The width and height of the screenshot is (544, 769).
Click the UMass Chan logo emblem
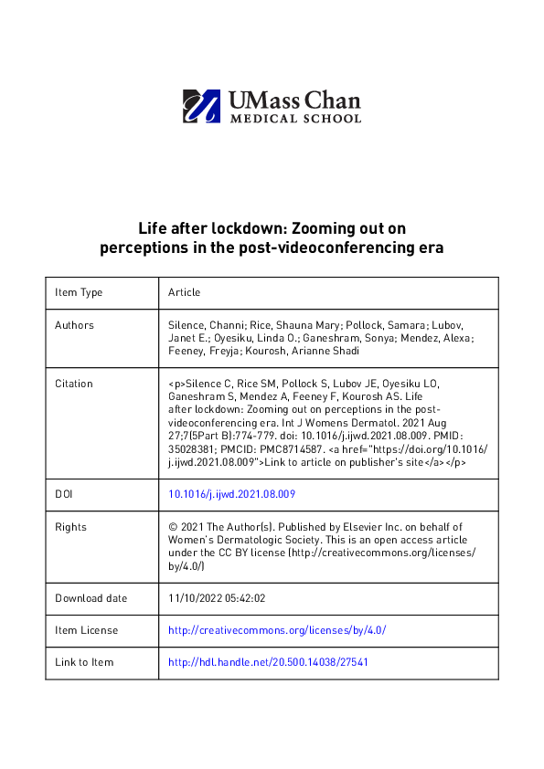(x=201, y=106)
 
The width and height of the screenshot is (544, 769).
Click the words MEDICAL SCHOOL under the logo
(x=295, y=118)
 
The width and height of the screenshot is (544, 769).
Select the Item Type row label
(x=79, y=292)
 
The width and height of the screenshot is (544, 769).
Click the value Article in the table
(x=184, y=292)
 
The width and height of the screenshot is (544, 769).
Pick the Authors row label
(x=74, y=325)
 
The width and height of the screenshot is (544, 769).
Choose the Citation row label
(x=74, y=384)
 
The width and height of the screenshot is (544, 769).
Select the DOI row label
(x=64, y=494)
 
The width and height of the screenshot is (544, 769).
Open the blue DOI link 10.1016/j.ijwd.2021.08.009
(x=231, y=494)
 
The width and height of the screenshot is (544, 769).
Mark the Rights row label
(x=70, y=527)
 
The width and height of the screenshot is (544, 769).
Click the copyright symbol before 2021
(x=173, y=527)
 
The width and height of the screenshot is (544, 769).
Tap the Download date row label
(x=91, y=598)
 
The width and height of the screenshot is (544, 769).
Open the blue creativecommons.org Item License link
(x=277, y=630)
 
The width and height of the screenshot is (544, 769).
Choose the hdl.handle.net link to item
(x=269, y=662)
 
